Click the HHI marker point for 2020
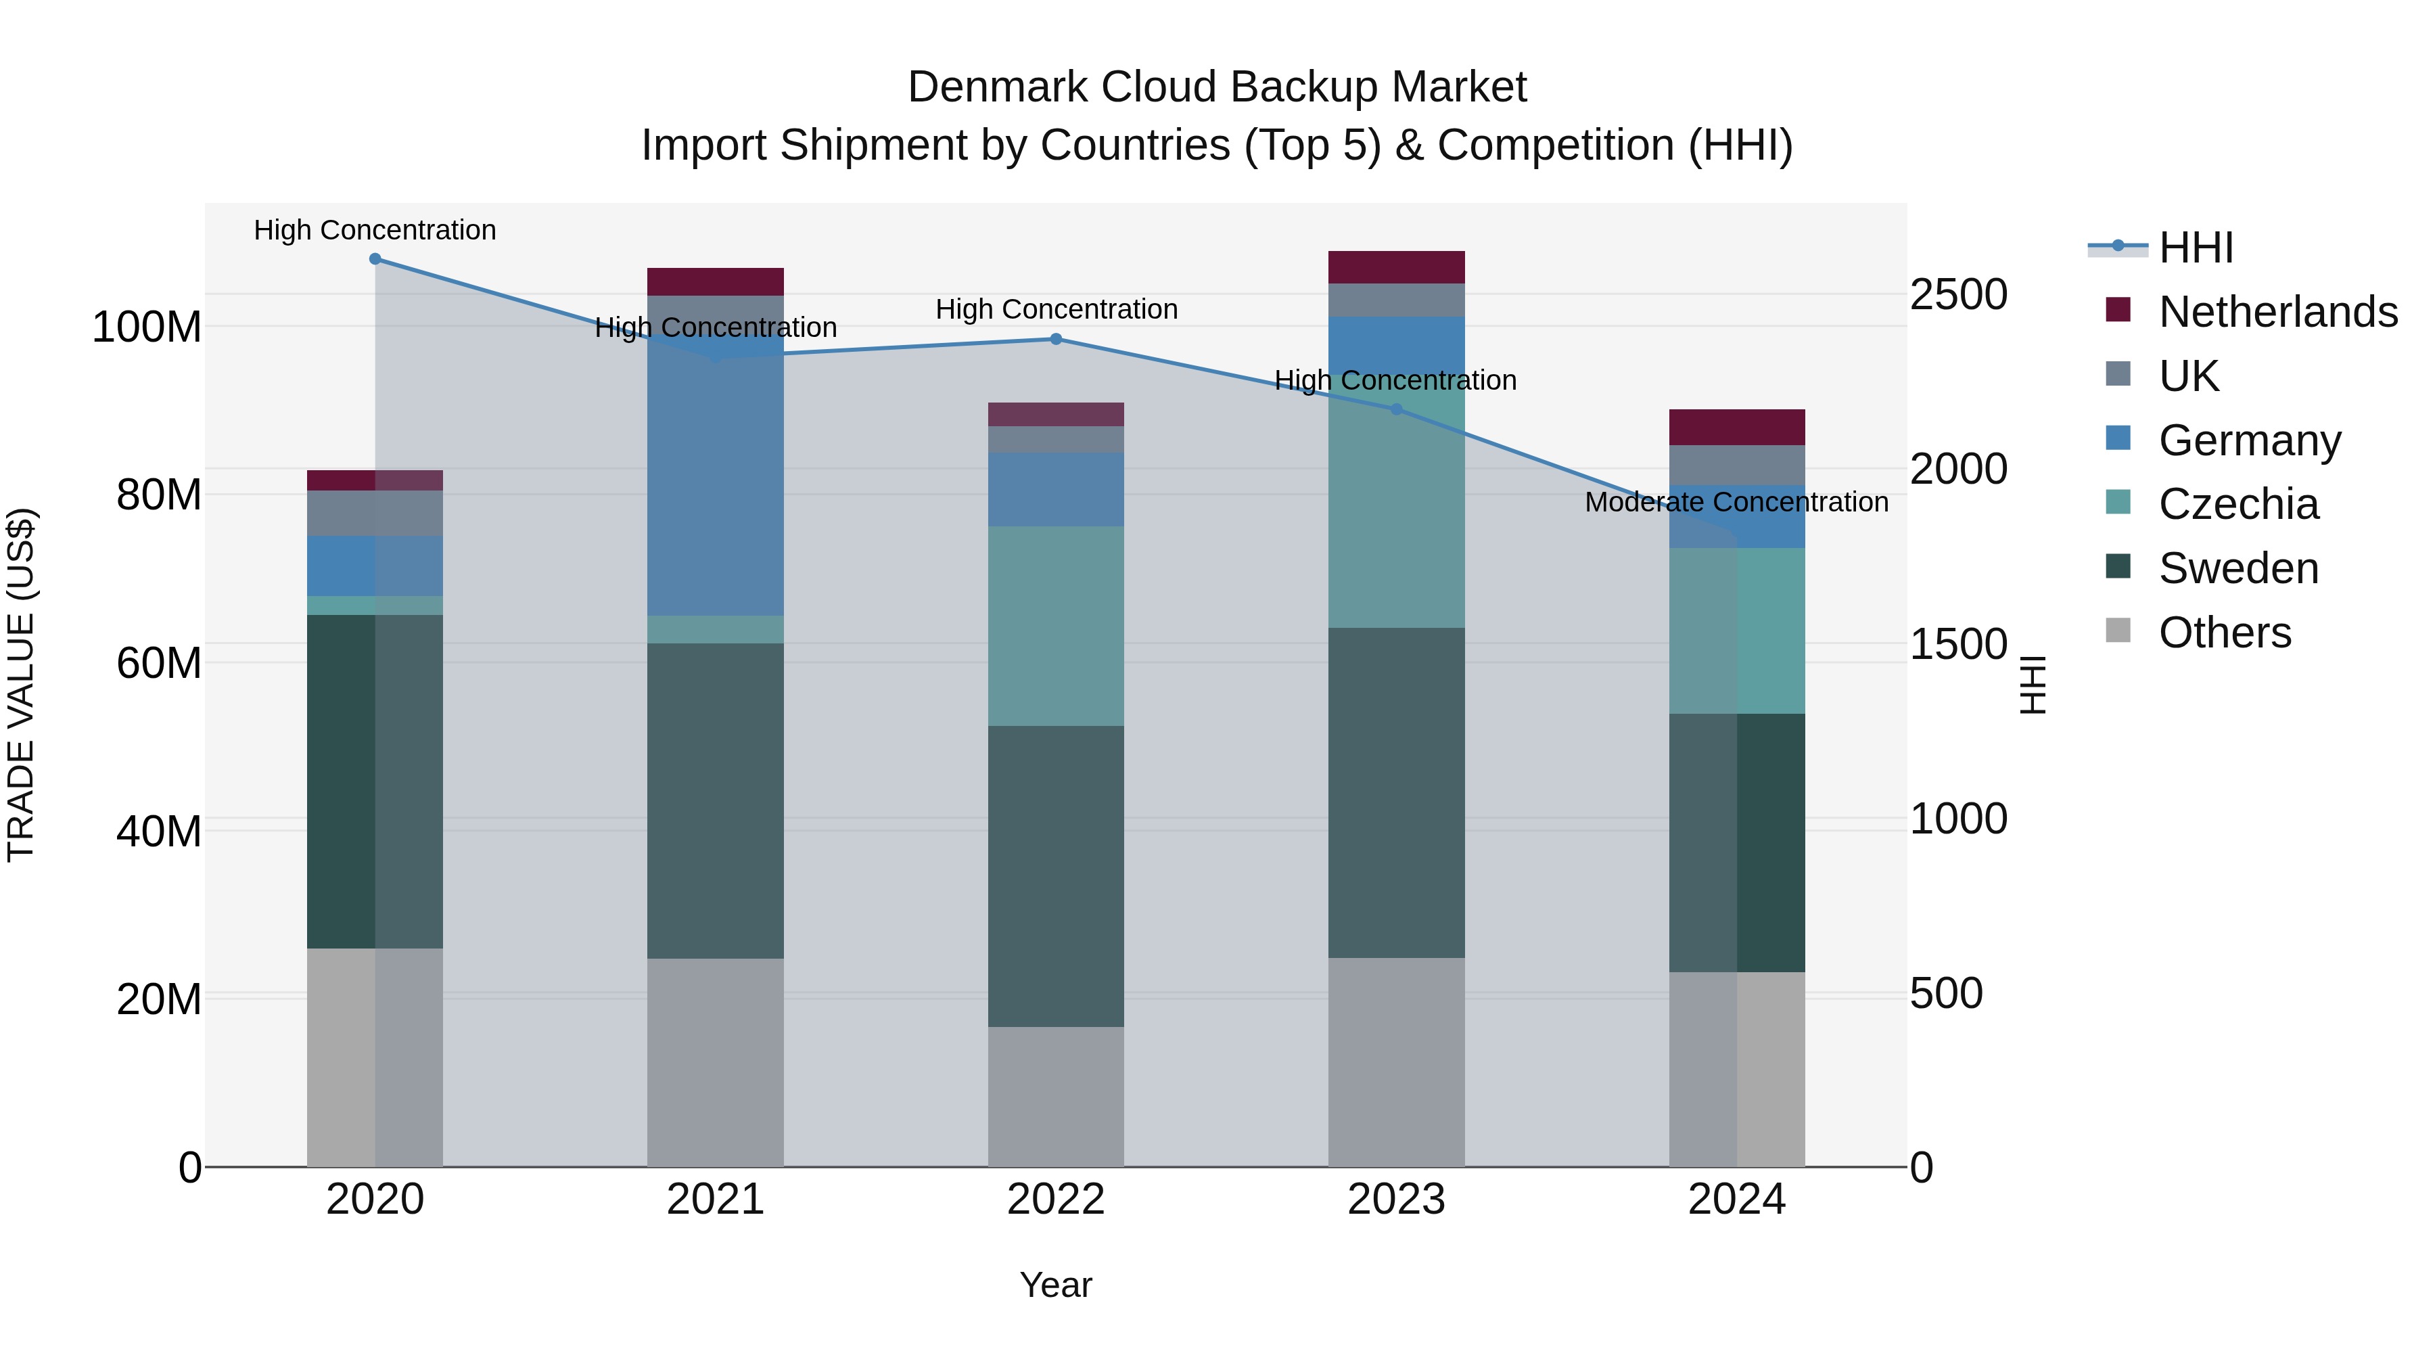tap(375, 259)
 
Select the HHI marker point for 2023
tap(1396, 409)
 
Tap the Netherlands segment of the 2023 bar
tap(1396, 267)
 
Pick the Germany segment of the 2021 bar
tap(716, 473)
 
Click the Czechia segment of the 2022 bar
tap(1056, 626)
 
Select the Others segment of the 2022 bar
tap(1056, 1097)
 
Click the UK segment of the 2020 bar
tap(375, 513)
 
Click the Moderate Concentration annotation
tap(1736, 502)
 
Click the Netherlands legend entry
tap(2277, 312)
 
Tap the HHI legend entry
tap(2196, 248)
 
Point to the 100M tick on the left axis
tap(147, 328)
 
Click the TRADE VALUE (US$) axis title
tap(21, 685)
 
